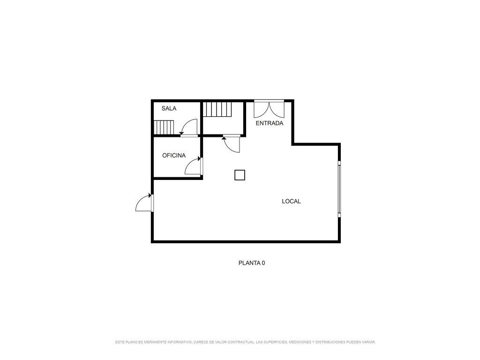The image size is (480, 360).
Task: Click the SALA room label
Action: (x=169, y=108)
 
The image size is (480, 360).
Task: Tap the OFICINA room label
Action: (x=174, y=156)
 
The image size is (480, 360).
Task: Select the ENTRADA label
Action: (x=270, y=123)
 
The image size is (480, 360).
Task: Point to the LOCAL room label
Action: (x=291, y=202)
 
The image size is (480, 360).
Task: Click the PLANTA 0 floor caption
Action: (x=252, y=263)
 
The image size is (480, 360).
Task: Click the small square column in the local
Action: (x=240, y=175)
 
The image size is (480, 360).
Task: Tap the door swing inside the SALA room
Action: (x=188, y=127)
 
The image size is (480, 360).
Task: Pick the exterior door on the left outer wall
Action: (x=144, y=202)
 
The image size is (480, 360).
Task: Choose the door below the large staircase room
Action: (x=232, y=143)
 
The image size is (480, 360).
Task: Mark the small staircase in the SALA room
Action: (x=164, y=127)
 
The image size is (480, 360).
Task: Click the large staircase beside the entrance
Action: (x=217, y=109)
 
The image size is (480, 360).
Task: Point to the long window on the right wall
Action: (x=339, y=189)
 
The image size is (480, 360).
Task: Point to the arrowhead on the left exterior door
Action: (x=150, y=195)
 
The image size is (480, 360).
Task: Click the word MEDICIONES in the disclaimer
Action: (x=300, y=342)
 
